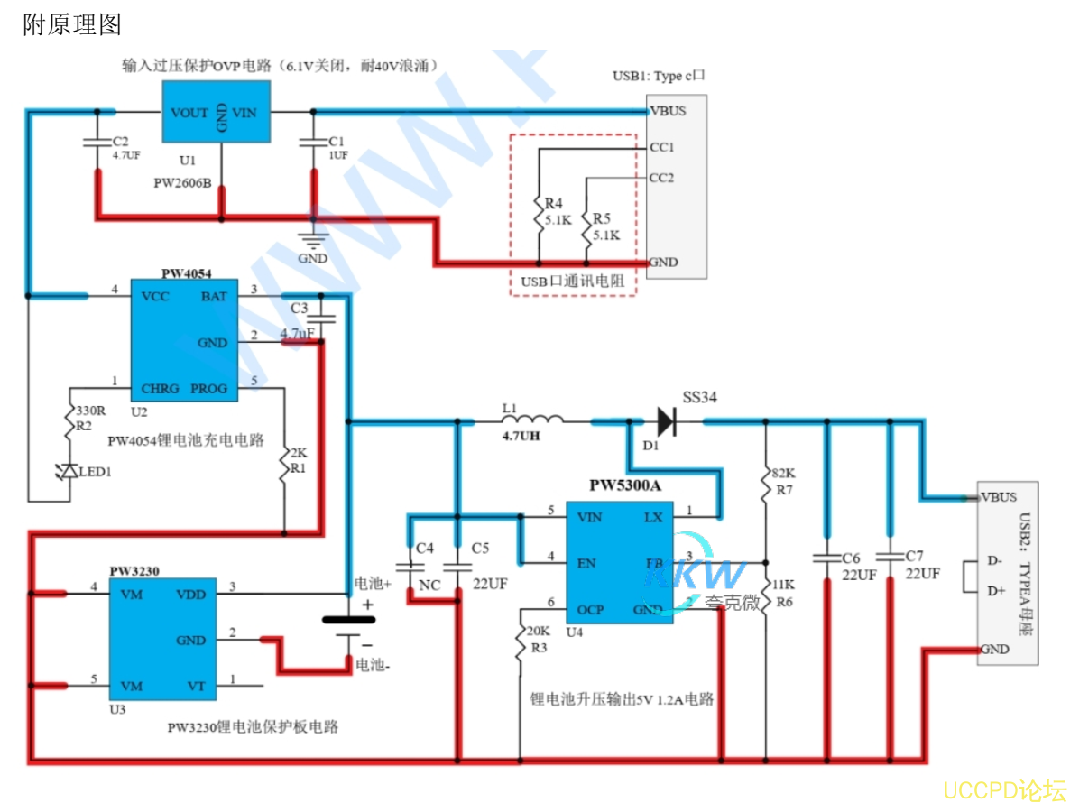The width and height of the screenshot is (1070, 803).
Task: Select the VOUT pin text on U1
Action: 189,113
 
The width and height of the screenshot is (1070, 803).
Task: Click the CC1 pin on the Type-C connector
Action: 661,146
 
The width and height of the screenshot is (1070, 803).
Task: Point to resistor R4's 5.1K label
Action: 558,219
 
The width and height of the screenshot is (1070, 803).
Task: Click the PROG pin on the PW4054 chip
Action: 208,389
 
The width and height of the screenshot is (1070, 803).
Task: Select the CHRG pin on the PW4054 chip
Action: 161,389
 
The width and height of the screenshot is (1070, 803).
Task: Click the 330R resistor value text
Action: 90,411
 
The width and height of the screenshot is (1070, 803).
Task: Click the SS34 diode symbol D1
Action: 666,420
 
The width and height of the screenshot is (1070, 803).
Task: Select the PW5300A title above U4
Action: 625,485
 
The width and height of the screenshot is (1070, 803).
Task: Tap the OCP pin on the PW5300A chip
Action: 591,610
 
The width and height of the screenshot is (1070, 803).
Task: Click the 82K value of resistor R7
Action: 782,473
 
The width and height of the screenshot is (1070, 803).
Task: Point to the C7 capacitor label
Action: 914,557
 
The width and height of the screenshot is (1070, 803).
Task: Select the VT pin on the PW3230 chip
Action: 197,687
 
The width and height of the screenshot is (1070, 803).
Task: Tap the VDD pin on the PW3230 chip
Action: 190,595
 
